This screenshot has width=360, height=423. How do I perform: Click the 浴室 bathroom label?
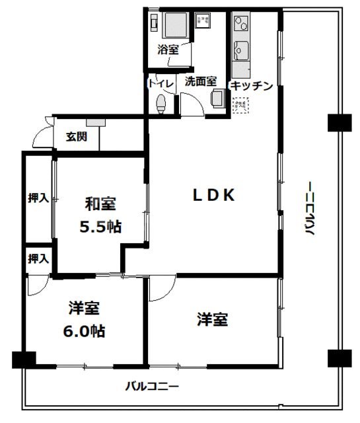(x=168, y=50)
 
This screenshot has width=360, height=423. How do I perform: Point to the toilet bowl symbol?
(x=161, y=102)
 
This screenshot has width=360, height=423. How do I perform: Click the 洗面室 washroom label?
(x=200, y=82)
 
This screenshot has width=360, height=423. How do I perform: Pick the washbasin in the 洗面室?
(x=216, y=98)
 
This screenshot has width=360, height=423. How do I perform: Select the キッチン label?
(x=251, y=85)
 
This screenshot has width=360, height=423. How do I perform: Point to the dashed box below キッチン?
(x=239, y=104)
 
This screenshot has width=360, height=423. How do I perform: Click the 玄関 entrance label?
(x=76, y=137)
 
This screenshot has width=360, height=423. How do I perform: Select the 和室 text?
(x=100, y=204)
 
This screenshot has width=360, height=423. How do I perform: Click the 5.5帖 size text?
(x=100, y=227)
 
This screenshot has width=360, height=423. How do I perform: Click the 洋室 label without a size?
(x=212, y=320)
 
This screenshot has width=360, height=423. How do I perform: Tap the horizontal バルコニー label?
(x=153, y=385)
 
